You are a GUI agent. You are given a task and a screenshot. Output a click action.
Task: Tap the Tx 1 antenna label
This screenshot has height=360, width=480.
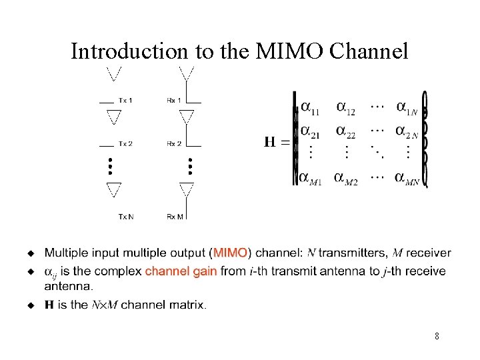125,101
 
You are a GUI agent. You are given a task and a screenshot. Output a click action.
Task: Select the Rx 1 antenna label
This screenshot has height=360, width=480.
174,101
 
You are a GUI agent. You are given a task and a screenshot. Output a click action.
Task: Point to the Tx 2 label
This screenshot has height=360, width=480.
125,144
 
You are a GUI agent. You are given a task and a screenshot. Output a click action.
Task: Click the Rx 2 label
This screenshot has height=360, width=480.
174,144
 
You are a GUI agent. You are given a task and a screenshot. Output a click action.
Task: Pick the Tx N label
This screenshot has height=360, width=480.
126,216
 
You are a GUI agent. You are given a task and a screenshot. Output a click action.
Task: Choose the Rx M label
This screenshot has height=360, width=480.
175,216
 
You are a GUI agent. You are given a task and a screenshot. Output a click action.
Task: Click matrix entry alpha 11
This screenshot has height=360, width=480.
309,107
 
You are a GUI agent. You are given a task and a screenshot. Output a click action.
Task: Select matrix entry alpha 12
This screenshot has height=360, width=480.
345,107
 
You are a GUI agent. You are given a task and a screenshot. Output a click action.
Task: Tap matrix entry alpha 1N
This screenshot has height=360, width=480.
407,108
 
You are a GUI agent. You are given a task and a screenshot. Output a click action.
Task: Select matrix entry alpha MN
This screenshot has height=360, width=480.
407,179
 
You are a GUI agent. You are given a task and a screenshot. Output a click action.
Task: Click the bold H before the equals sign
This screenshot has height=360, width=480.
270,142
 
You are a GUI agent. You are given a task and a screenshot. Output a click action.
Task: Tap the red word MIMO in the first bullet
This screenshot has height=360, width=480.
230,253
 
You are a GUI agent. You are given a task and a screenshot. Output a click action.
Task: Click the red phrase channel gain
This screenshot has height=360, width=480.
181,271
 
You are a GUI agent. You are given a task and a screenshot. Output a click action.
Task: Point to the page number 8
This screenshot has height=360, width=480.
437,337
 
